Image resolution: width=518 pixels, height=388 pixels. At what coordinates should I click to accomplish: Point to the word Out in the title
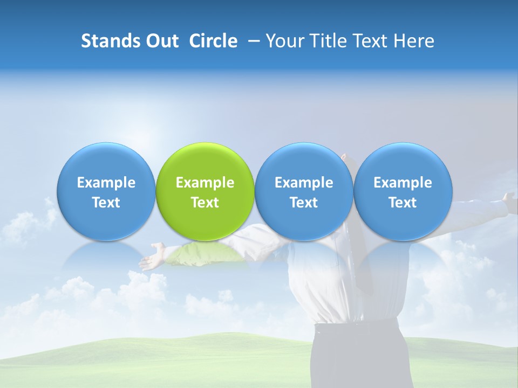pos(161,41)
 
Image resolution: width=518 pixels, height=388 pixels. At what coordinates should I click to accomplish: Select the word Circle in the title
pos(213,41)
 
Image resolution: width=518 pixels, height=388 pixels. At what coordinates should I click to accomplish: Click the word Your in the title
pos(285,41)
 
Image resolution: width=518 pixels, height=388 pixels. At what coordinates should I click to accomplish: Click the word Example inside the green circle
pos(205,183)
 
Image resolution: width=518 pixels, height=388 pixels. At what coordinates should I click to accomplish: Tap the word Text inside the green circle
pos(205,203)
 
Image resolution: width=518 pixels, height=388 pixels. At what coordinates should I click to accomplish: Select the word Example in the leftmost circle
pos(106,183)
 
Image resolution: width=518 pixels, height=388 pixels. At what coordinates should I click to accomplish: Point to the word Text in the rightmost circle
pos(403,203)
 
